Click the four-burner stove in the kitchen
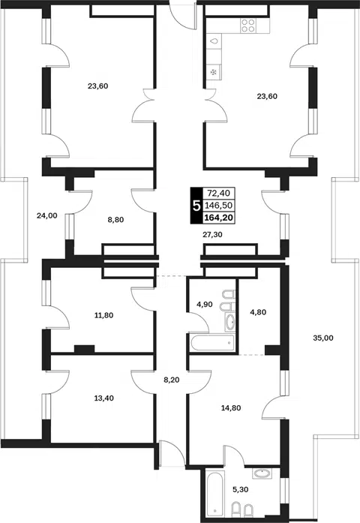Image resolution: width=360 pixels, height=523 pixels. click(248, 26)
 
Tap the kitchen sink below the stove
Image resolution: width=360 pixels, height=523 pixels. click(214, 41)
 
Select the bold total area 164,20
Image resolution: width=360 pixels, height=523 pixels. click(219, 218)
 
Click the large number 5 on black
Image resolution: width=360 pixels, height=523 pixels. click(196, 206)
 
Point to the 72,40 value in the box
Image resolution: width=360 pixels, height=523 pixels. click(219, 193)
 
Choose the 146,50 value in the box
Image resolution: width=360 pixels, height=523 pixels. click(219, 205)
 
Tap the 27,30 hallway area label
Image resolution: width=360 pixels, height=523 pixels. click(212, 234)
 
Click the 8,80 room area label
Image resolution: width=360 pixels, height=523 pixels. click(115, 219)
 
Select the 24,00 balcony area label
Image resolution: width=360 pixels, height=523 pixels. click(47, 215)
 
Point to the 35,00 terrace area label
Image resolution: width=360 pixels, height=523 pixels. click(323, 338)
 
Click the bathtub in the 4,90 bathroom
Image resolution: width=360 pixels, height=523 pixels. click(213, 343)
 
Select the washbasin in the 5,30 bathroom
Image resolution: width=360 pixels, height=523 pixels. click(262, 473)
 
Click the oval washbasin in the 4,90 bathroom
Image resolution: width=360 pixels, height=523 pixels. click(230, 323)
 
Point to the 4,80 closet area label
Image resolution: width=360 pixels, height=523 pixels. click(258, 312)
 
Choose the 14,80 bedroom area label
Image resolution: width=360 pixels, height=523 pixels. click(231, 407)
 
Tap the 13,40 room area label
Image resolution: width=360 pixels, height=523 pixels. click(104, 398)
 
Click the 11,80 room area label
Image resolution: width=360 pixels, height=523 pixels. click(104, 315)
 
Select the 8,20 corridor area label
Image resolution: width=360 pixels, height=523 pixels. click(172, 380)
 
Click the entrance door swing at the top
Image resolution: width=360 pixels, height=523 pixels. click(182, 17)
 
